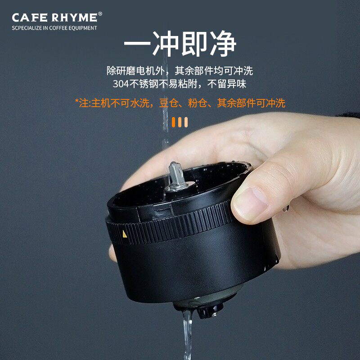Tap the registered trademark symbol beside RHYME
100,14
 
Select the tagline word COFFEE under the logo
58,28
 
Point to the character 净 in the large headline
221,44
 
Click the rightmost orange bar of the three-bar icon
186,122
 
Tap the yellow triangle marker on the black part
125,234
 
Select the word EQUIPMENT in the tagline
82,28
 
